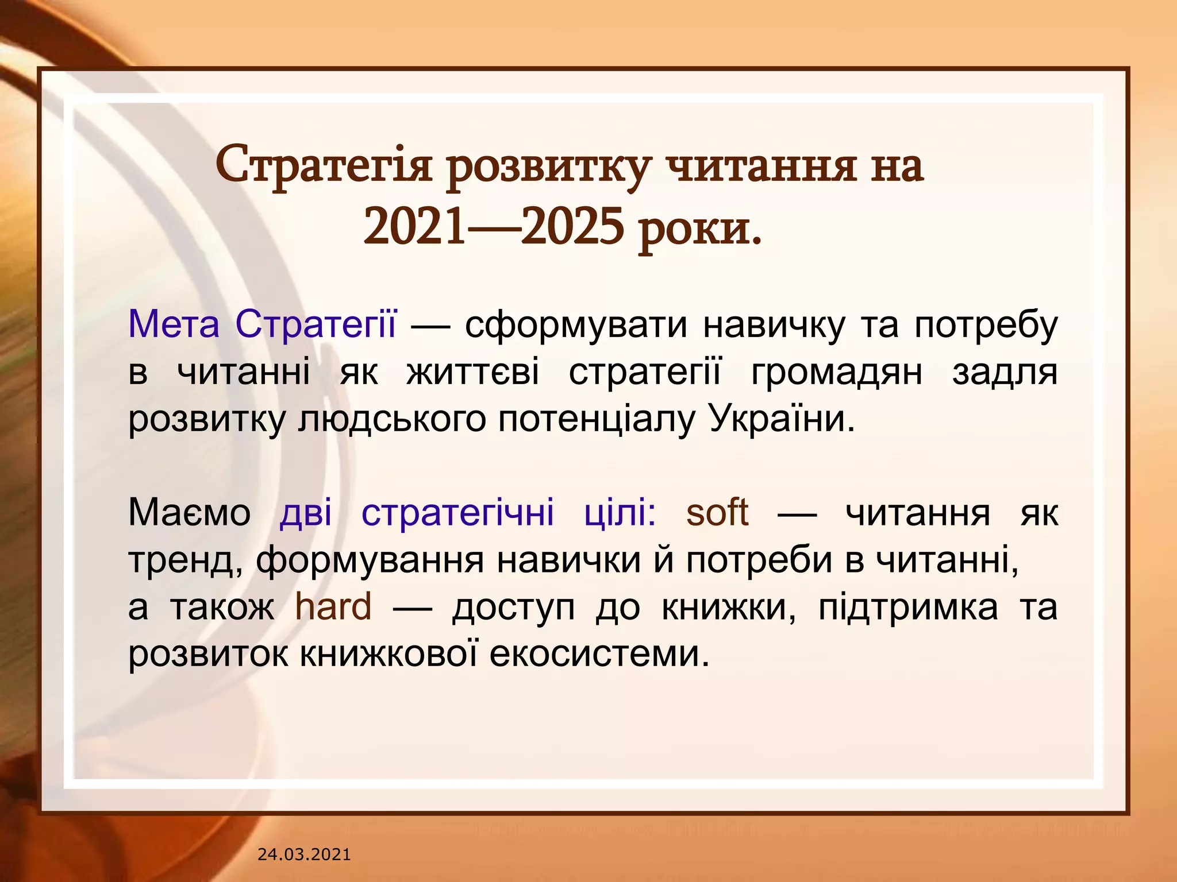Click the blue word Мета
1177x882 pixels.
pos(174,324)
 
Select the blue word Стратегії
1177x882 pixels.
pos(316,324)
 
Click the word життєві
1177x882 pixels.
pos(472,372)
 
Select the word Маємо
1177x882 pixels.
pos(189,512)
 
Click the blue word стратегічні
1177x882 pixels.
pos(457,512)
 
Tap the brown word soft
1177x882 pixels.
pos(717,512)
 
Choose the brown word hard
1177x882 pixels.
pos(333,607)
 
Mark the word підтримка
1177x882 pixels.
pos(908,608)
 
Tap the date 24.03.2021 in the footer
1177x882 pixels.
pos(304,854)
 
